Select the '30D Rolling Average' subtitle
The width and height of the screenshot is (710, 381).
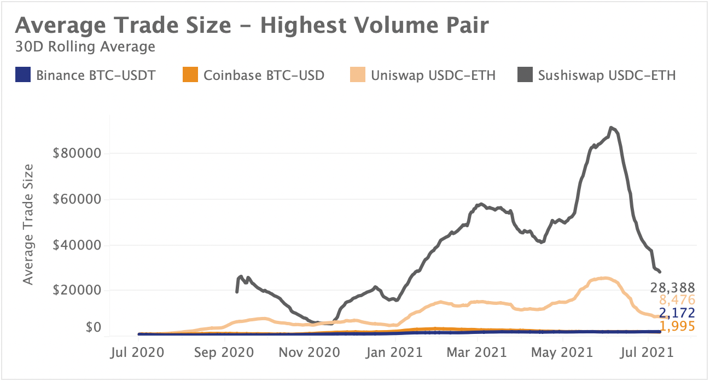[85, 47]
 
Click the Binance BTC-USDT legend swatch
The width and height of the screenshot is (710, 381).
[24, 75]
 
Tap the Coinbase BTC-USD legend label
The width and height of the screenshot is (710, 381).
[264, 75]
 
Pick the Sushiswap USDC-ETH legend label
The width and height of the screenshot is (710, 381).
[607, 75]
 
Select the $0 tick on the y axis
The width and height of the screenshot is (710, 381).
[94, 328]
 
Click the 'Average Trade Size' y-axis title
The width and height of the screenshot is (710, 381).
[29, 224]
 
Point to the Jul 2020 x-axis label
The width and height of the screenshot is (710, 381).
[138, 351]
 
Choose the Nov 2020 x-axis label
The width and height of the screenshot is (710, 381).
[310, 351]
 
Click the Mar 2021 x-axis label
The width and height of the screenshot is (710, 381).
[478, 351]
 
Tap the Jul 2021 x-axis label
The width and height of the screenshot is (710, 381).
[648, 351]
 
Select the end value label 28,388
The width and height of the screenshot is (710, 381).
[672, 287]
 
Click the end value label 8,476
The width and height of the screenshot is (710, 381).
[677, 300]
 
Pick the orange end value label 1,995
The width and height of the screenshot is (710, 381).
[677, 326]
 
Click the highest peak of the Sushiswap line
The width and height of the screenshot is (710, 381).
[612, 128]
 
